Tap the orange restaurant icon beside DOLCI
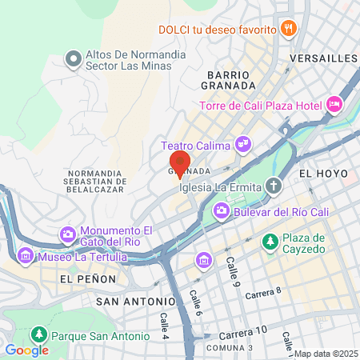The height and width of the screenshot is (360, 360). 289,29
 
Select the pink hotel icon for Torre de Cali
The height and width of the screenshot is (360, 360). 334,103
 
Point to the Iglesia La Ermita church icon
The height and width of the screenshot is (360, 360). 274,187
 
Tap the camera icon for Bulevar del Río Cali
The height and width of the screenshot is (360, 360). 221,213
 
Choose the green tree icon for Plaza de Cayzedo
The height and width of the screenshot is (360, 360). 271,241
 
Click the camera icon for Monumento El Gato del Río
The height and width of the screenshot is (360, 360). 68,235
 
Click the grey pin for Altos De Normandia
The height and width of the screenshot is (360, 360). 74,58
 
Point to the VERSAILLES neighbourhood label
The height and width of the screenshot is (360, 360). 323,58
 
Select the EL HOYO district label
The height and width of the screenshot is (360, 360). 323,173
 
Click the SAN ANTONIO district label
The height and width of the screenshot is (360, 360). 135,302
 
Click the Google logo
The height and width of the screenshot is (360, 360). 27,350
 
